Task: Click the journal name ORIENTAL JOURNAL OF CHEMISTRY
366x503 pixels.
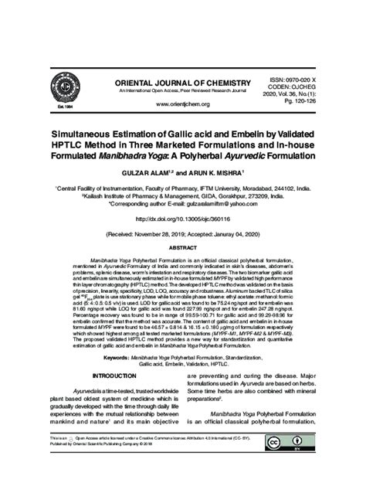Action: click(183, 82)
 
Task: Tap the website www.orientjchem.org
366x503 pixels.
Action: click(183, 104)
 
